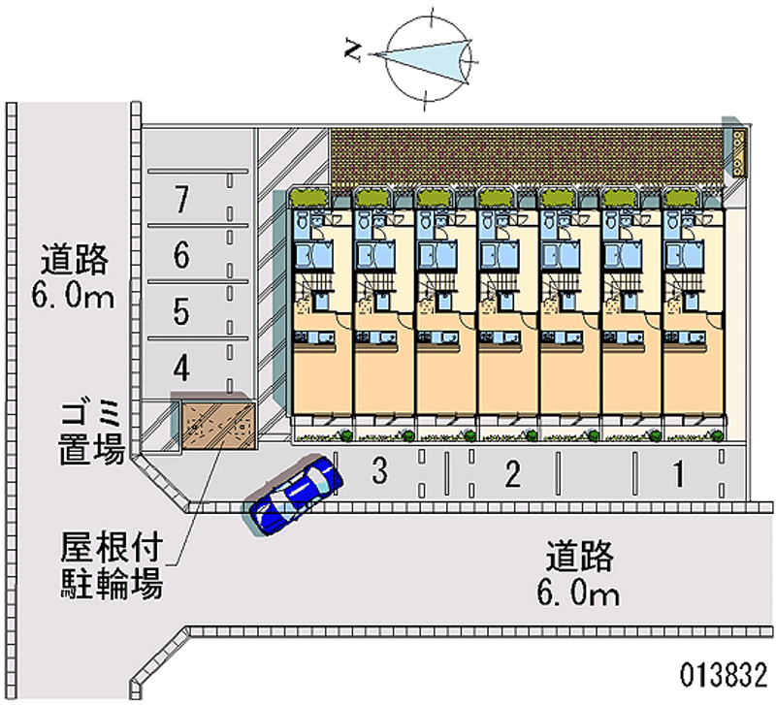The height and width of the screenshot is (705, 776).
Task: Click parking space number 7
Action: pyautogui.click(x=180, y=199)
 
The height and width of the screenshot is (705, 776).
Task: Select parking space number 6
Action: pyautogui.click(x=180, y=256)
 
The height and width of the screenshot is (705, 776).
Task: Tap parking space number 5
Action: pyautogui.click(x=180, y=312)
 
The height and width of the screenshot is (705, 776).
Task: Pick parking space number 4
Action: pyautogui.click(x=180, y=368)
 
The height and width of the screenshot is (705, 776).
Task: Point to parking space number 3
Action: pyautogui.click(x=380, y=472)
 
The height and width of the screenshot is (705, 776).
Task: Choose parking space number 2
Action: pyautogui.click(x=512, y=474)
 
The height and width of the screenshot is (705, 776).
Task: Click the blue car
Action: pyautogui.click(x=294, y=495)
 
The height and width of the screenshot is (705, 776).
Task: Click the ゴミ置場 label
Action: pyautogui.click(x=88, y=433)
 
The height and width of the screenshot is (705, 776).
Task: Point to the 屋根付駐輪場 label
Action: pyautogui.click(x=108, y=568)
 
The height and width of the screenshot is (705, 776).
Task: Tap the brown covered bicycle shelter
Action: pyautogui.click(x=214, y=425)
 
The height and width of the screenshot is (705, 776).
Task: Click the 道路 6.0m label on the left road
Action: pyautogui.click(x=74, y=277)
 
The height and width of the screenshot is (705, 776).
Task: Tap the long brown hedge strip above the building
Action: pyautogui.click(x=528, y=157)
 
